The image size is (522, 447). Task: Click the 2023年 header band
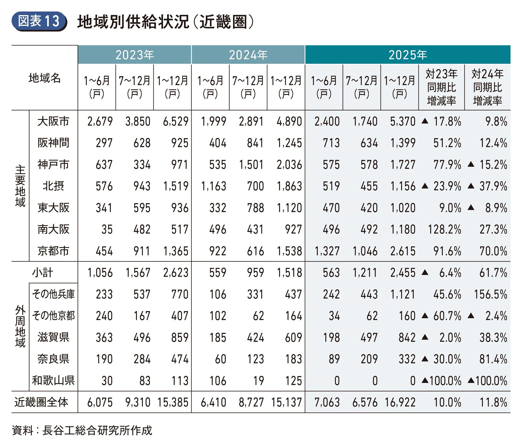pos(135,55)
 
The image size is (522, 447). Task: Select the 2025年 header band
pos(407,55)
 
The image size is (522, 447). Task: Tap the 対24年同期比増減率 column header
pos(487,87)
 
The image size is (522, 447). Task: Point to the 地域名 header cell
pos(45,78)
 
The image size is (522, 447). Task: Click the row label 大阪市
pos(53,121)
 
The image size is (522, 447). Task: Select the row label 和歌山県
pos(53,381)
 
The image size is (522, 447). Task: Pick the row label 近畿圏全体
pos(41,402)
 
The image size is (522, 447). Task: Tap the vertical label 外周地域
pos(20,326)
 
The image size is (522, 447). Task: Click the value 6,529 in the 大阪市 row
pos(176,121)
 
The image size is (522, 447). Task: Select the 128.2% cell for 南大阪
pos(444,229)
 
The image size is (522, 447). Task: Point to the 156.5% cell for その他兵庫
pos(490,294)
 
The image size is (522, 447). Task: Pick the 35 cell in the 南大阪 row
pos(107,229)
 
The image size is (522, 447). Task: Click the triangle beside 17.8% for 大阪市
pos(425,121)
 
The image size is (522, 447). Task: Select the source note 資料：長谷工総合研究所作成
pos(82,430)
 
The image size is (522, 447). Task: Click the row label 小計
pos(42,273)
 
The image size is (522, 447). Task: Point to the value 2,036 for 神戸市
pos(289,165)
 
